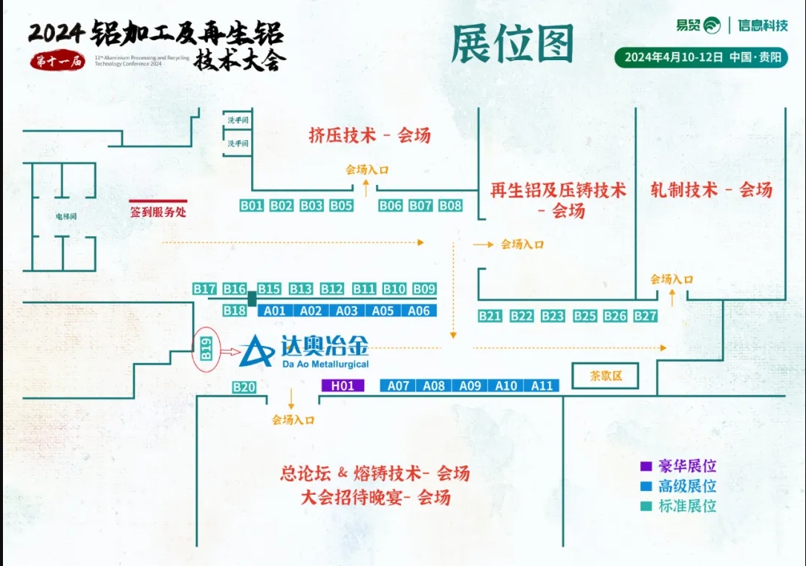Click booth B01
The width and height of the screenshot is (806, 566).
(x=253, y=206)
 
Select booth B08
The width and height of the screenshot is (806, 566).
(x=450, y=206)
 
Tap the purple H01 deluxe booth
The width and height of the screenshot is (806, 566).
(x=343, y=386)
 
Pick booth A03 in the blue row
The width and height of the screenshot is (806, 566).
(x=347, y=311)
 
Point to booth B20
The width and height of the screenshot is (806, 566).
(x=244, y=387)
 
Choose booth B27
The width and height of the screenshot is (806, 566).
(x=646, y=316)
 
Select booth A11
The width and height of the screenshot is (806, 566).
(x=542, y=386)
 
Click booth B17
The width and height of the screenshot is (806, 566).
(x=204, y=289)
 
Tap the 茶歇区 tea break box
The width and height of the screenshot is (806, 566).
(x=605, y=376)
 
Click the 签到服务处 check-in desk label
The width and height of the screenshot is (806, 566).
(x=158, y=212)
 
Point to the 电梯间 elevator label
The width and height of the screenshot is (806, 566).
(x=67, y=217)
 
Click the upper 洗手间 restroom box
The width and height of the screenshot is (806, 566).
(x=238, y=120)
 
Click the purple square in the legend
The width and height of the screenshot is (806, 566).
(x=646, y=466)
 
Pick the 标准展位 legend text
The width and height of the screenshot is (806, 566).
(x=687, y=506)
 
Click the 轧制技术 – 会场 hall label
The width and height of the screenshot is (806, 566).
(x=711, y=189)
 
